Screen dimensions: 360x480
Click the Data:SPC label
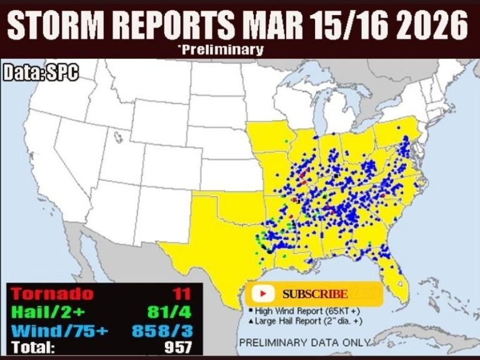point(42,72)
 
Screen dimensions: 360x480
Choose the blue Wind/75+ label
point(55,329)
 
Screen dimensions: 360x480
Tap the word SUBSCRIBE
point(315,294)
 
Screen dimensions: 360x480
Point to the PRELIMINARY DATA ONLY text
point(304,342)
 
